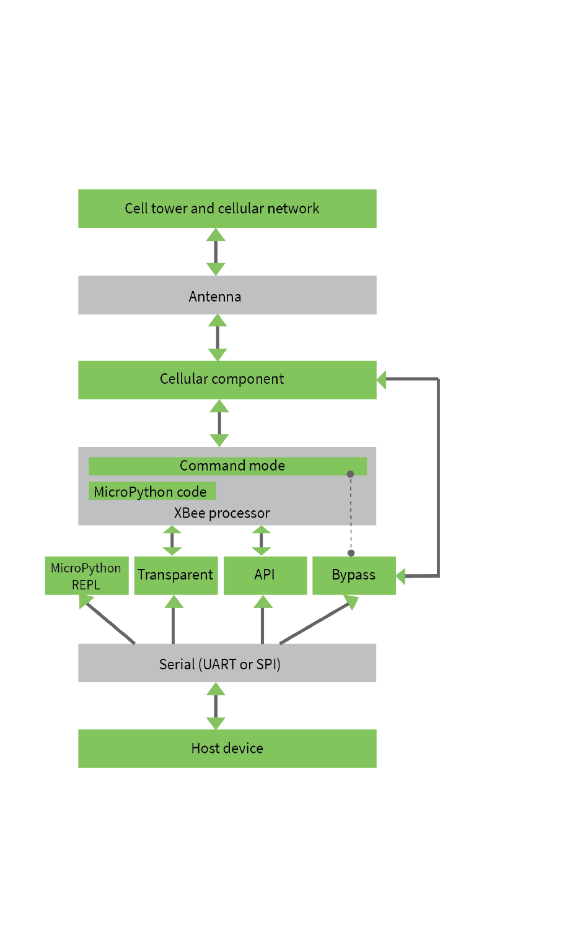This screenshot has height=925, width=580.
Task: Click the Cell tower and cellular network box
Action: pyautogui.click(x=227, y=209)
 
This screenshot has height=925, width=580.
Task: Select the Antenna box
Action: pyautogui.click(x=227, y=295)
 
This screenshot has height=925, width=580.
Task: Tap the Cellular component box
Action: pyautogui.click(x=227, y=380)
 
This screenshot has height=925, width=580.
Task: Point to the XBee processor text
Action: pyautogui.click(x=222, y=513)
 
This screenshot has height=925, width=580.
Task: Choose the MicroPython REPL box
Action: pyautogui.click(x=87, y=576)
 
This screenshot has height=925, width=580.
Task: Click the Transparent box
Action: pyautogui.click(x=176, y=576)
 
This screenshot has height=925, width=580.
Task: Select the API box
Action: pyautogui.click(x=265, y=576)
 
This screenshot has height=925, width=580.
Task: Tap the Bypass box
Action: pyautogui.click(x=354, y=576)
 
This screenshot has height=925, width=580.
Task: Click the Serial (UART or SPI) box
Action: pyautogui.click(x=227, y=663)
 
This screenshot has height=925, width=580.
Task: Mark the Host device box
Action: pyautogui.click(x=227, y=749)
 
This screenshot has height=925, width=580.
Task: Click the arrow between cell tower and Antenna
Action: pyautogui.click(x=216, y=252)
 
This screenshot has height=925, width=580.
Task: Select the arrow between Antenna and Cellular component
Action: pyautogui.click(x=217, y=337)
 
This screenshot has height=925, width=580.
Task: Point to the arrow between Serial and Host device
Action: pyautogui.click(x=216, y=706)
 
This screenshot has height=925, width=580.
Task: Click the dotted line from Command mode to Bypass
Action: pyautogui.click(x=351, y=514)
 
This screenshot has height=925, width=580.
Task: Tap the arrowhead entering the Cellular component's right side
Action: pyautogui.click(x=382, y=380)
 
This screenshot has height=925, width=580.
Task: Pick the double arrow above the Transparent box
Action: pyautogui.click(x=172, y=541)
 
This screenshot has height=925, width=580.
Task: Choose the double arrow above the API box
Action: pyautogui.click(x=261, y=541)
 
